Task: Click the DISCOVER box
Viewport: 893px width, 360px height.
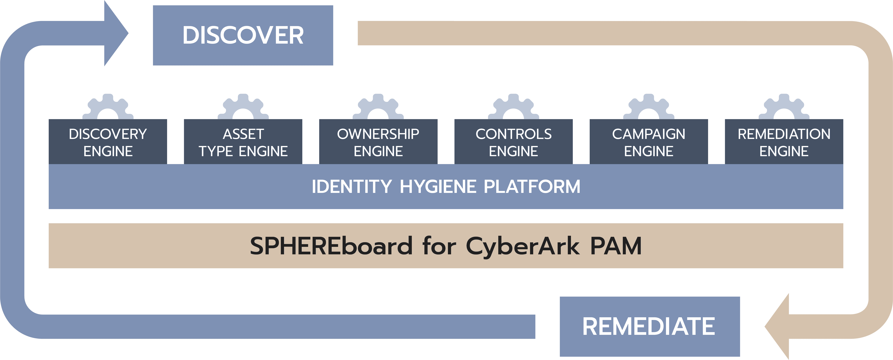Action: coord(243,35)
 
